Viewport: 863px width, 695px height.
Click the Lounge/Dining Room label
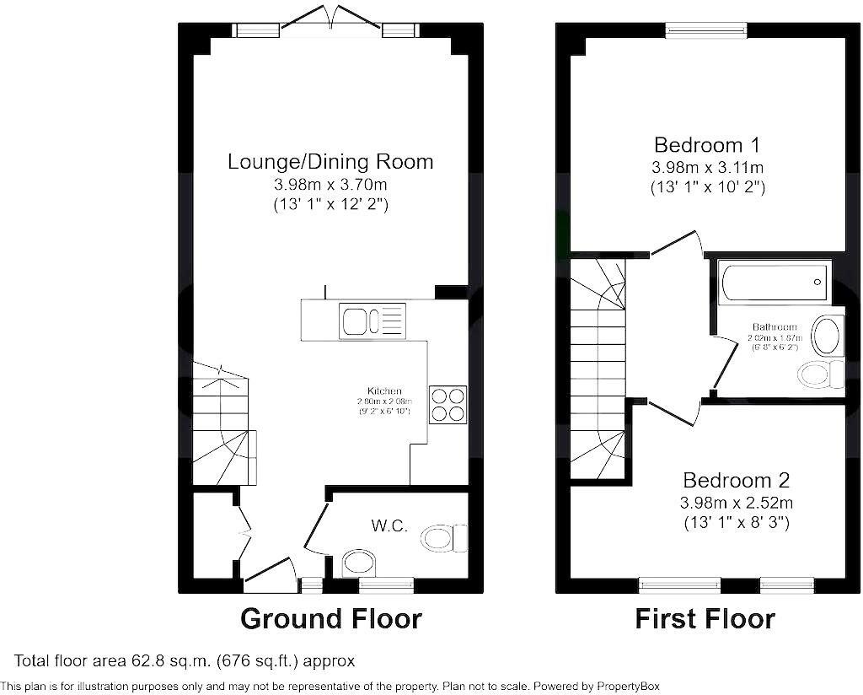(330, 161)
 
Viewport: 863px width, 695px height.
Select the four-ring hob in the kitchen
(448, 403)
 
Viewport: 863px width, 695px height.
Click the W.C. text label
(390, 526)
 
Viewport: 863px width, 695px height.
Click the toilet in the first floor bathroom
(821, 374)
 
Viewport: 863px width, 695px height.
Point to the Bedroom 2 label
(736, 481)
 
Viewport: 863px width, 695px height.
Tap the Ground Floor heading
(330, 619)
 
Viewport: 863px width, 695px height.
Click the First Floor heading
(705, 619)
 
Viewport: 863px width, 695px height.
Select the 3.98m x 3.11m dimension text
(709, 167)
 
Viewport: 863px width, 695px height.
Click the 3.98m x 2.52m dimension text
(736, 503)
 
